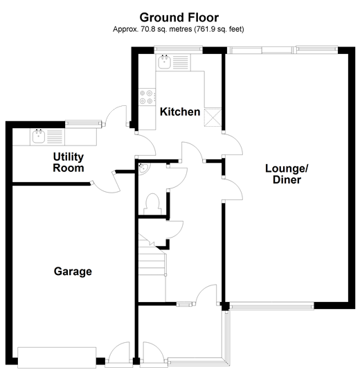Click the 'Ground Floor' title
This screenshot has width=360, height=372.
(x=179, y=17)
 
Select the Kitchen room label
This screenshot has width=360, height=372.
(x=180, y=112)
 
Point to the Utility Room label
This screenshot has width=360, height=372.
(x=68, y=162)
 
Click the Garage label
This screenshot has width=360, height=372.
(x=73, y=272)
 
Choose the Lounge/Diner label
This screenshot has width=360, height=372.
(x=286, y=173)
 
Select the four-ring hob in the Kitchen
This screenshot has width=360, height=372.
(x=147, y=96)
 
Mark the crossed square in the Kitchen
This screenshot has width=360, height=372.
(x=215, y=118)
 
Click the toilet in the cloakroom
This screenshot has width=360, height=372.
(x=152, y=203)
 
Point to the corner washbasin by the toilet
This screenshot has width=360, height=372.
(x=141, y=168)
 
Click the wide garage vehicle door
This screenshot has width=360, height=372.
(x=57, y=357)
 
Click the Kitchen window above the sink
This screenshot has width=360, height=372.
(x=178, y=49)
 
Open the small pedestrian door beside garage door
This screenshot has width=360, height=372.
(x=119, y=353)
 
